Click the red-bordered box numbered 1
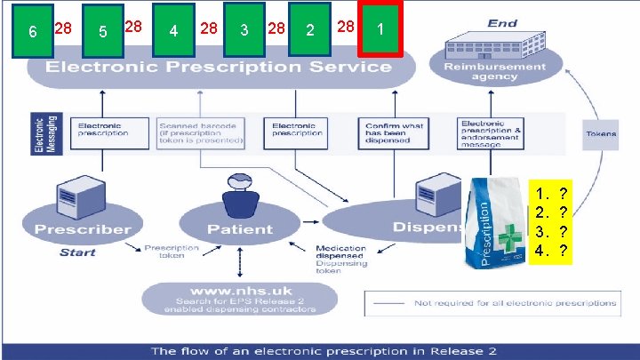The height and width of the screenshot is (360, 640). pos(380,28)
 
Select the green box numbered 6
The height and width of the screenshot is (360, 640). pos(31,32)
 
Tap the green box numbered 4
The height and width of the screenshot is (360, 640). pos(173,30)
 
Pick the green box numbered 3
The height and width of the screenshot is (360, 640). pos(244,29)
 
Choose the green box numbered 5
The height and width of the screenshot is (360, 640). pos(102,32)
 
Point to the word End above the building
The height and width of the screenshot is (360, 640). pos(502,23)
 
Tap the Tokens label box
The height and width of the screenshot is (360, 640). pos(601,134)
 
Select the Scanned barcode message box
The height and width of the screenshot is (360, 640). pos(201,132)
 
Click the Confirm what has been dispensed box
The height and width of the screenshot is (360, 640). pos(396,132)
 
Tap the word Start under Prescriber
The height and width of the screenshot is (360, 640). pos(77,252)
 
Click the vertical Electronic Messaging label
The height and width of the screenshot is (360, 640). pos(38,132)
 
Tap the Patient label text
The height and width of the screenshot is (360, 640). pos(239,228)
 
